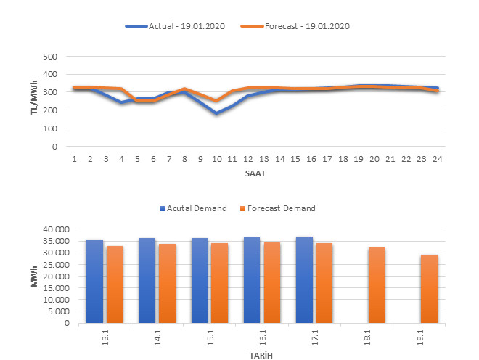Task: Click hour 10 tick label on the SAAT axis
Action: [216, 159]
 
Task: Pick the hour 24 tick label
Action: [438, 159]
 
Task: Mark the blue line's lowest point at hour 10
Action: [216, 114]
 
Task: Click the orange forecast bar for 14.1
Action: [167, 284]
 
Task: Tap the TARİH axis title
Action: [261, 355]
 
